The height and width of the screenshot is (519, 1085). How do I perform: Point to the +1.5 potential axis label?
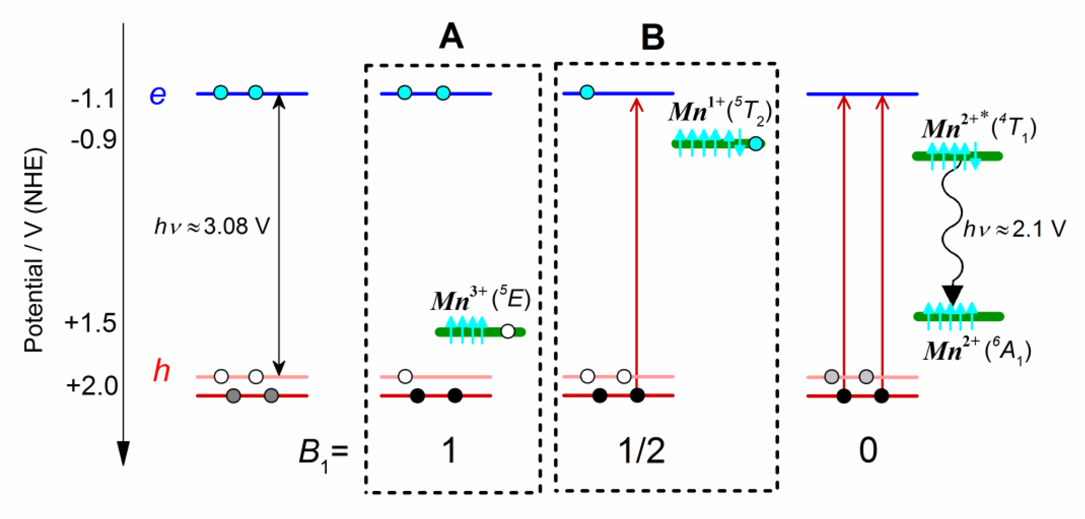[90, 324]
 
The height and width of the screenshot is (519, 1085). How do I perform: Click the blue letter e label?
[158, 95]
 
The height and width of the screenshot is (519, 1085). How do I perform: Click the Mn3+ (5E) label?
[480, 300]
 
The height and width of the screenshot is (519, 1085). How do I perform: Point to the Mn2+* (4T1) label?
[979, 128]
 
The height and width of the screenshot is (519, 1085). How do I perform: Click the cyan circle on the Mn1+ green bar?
[756, 144]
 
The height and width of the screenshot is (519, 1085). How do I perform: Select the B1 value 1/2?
[642, 451]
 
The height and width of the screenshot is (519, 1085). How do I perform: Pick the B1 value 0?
[868, 451]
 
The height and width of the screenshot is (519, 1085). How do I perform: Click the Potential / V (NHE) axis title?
[34, 250]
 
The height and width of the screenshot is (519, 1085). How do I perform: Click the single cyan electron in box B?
[587, 92]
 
